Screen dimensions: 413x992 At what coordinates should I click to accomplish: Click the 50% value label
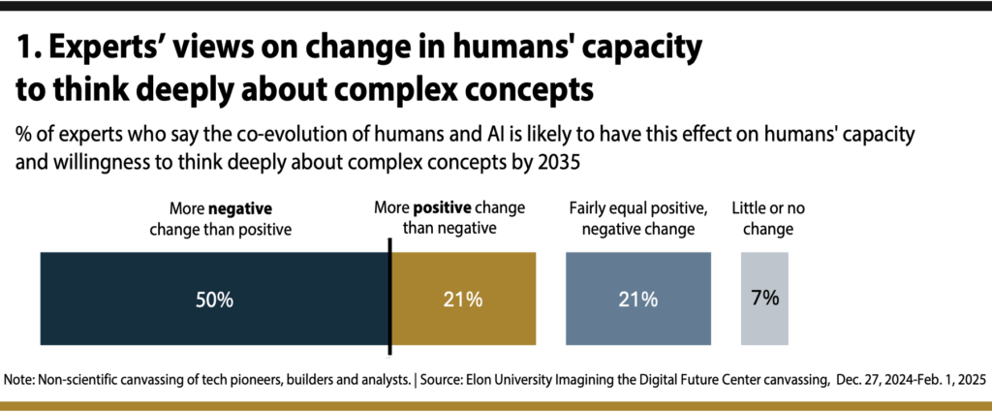tap(214, 300)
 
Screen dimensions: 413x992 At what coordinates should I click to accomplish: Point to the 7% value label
tap(764, 299)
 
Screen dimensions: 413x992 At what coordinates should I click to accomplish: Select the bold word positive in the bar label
tap(445, 208)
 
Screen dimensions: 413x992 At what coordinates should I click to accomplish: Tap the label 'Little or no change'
tap(764, 218)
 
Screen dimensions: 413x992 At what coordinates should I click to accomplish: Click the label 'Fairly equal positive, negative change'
tap(637, 218)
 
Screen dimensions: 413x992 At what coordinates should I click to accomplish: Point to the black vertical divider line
tap(389, 297)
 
